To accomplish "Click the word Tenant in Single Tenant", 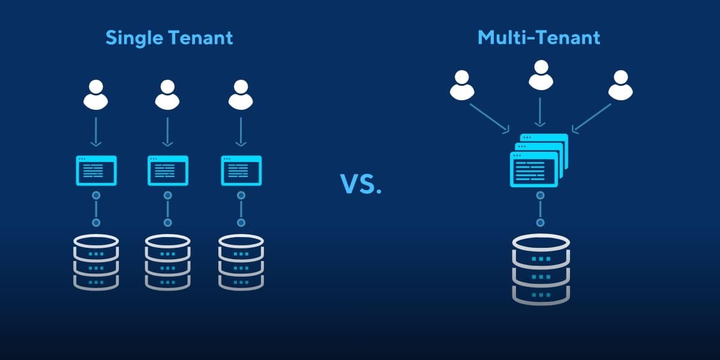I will point(202,38).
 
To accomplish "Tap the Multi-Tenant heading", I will point(539,38).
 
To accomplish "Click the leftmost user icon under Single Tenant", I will point(96,95).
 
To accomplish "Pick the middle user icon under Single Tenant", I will point(167,95).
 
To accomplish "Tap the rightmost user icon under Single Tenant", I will point(241,95).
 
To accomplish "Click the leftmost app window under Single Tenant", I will point(96,171).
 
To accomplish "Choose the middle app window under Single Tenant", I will point(168,171).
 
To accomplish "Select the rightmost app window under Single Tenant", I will point(242,171).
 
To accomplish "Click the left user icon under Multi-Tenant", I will point(462,85).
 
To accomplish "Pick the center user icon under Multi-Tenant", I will point(540,74).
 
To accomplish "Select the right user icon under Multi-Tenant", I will point(620,85).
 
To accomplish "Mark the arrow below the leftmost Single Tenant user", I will point(96,132).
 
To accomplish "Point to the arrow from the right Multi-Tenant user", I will point(592,118).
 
